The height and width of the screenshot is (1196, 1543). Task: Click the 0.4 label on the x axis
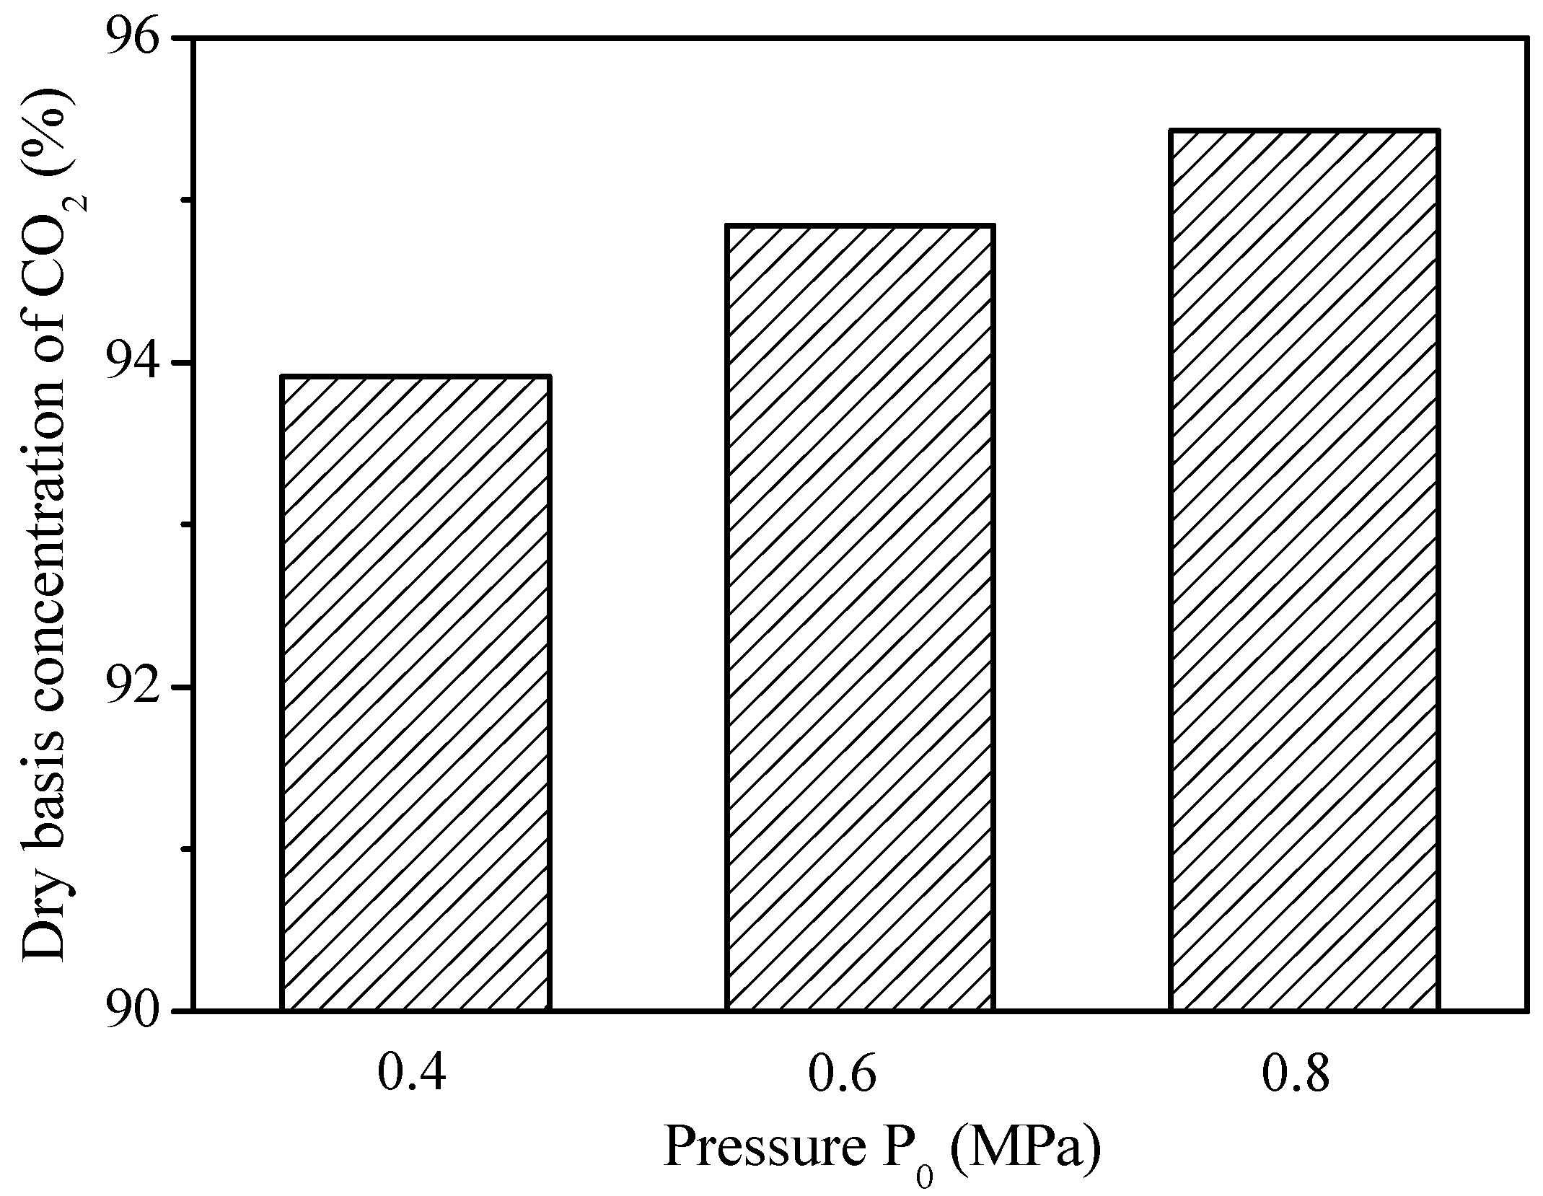pos(413,1094)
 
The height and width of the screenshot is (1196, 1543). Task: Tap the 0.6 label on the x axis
pos(843,1094)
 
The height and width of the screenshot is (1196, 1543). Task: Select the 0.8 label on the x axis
pos(1295,1094)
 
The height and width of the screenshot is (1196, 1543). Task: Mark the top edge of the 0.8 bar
pos(1304,131)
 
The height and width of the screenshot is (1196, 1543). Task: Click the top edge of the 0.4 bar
pos(416,377)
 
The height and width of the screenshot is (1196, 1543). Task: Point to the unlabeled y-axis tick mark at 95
pos(183,200)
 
